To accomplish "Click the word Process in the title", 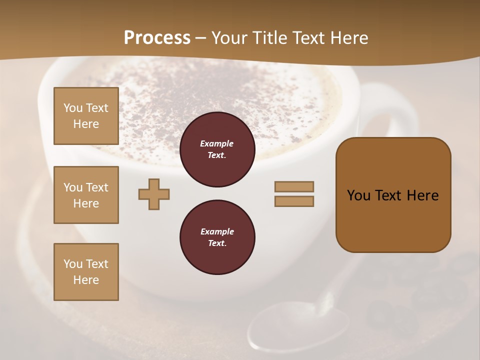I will (x=157, y=38).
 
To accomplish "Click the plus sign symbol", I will (x=154, y=194).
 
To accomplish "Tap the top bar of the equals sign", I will (x=294, y=187).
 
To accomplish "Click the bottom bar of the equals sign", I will (x=294, y=201).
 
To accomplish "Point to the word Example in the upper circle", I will (x=217, y=143).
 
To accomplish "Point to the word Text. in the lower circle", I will (x=217, y=243).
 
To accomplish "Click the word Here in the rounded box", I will (x=422, y=195).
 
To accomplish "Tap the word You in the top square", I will (x=72, y=108).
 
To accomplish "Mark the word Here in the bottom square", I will (x=86, y=280).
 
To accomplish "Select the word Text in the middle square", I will (x=97, y=187).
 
